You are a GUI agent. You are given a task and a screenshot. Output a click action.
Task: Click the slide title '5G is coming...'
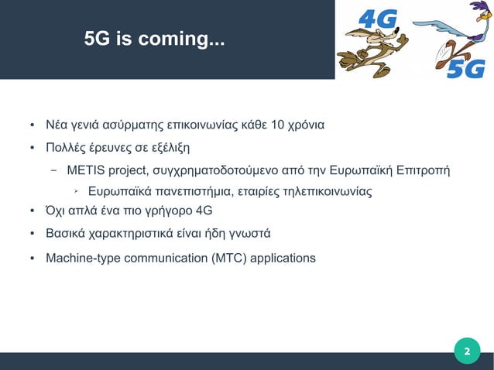(155, 39)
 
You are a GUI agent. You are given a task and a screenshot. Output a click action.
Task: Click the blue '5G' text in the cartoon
(466, 69)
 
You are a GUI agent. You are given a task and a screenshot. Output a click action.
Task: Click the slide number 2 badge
(466, 350)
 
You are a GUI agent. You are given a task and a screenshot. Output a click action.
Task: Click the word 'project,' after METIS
(129, 170)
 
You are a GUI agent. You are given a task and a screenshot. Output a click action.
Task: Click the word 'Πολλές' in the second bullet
(66, 147)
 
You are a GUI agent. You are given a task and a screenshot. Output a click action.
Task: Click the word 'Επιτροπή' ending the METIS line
(423, 170)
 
